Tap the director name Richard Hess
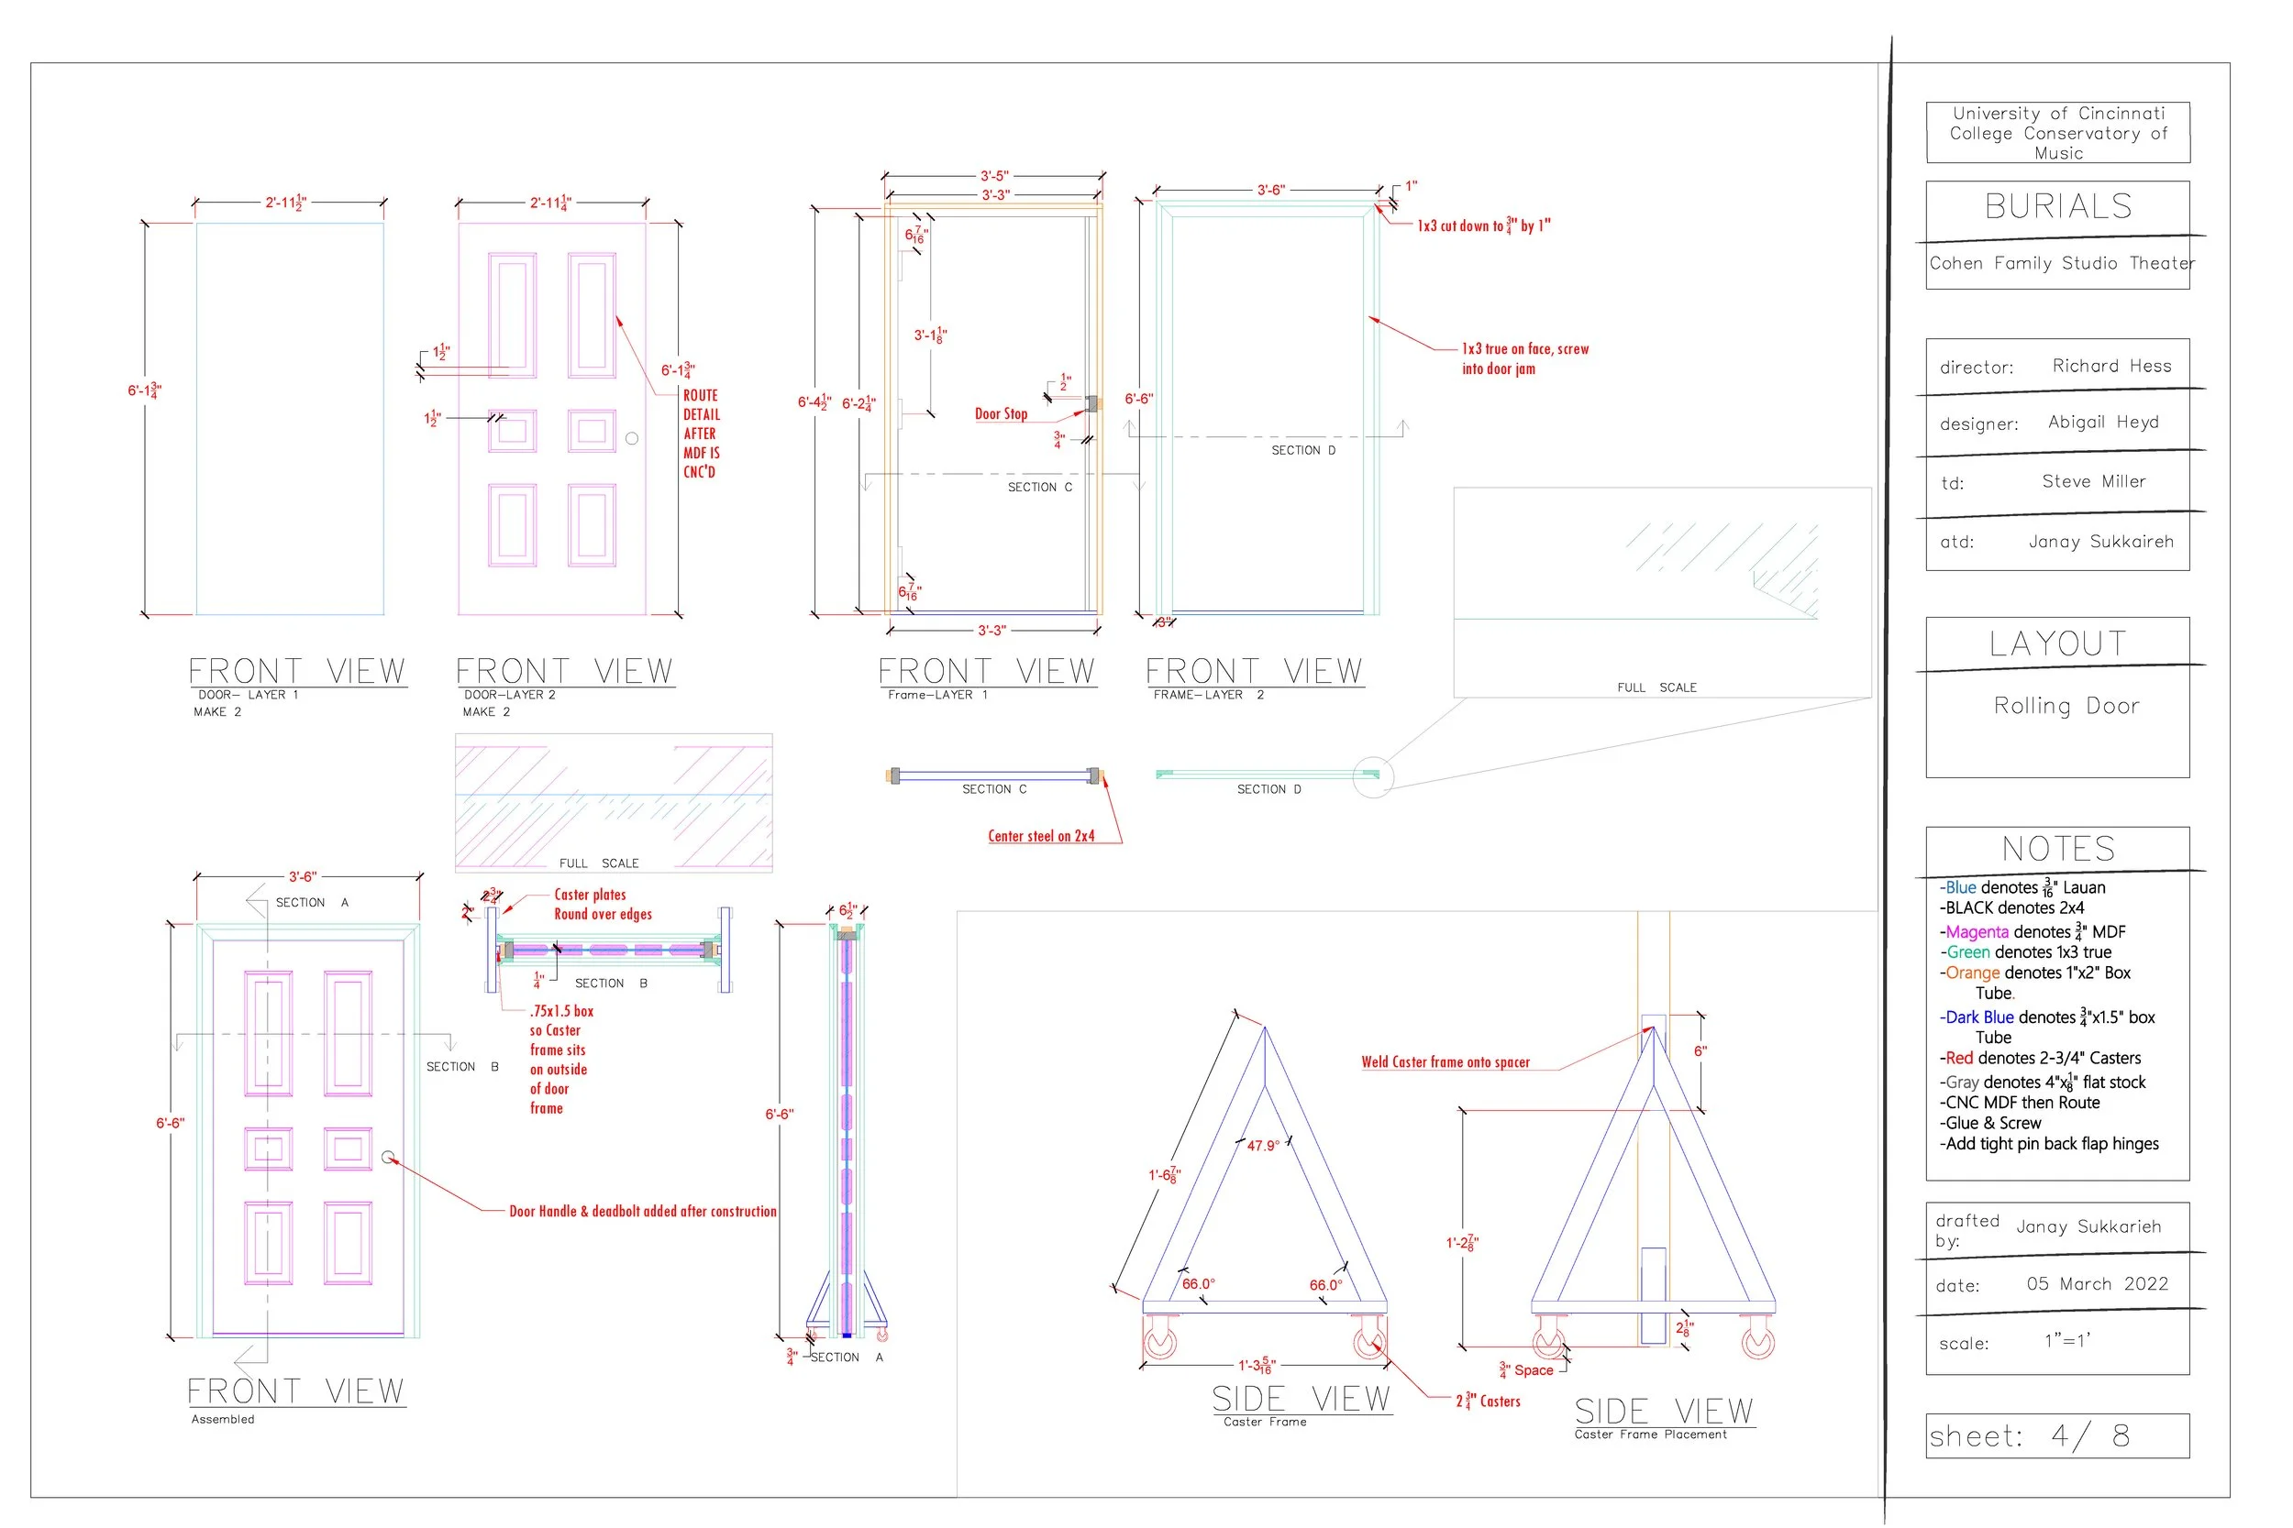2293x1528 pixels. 2110,367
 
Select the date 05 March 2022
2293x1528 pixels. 2096,1284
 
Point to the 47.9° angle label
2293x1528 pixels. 1262,1146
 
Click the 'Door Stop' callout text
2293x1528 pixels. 1001,414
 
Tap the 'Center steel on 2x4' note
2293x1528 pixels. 1040,836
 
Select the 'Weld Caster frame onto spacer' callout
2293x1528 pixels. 1445,1062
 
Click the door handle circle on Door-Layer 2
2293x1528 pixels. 632,438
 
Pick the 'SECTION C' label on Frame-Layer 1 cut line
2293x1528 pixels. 1039,488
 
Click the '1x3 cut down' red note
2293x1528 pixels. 1483,226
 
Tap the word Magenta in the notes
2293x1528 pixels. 1977,931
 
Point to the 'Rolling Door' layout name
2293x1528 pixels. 2066,706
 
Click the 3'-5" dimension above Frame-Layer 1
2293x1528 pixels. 993,176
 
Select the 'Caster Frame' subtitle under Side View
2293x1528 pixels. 1265,1422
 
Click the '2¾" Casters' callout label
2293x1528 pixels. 1488,1402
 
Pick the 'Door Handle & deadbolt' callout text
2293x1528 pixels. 642,1211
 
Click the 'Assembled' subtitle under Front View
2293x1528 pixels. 222,1419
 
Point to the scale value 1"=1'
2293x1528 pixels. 2066,1341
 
